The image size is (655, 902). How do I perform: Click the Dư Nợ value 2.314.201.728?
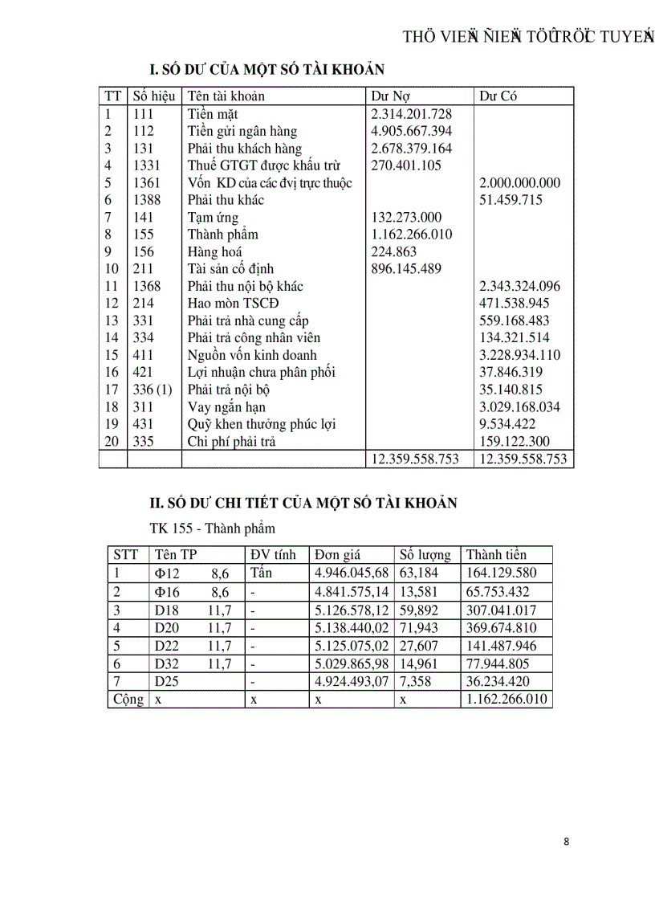[x=411, y=114]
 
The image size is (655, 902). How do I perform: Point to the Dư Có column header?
[x=498, y=96]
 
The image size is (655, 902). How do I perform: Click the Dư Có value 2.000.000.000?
[x=519, y=183]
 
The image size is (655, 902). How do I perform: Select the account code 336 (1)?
[x=153, y=390]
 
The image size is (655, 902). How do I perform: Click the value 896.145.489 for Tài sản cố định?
[x=406, y=269]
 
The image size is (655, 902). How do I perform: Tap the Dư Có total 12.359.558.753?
[x=523, y=459]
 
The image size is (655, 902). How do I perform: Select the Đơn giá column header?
[x=337, y=555]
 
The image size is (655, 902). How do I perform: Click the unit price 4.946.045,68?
[x=352, y=573]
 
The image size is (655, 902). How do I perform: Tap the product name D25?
[x=168, y=682]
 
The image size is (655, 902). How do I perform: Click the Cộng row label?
[x=128, y=700]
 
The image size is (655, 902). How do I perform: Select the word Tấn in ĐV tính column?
[x=262, y=573]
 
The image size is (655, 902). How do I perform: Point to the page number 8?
[x=567, y=842]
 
